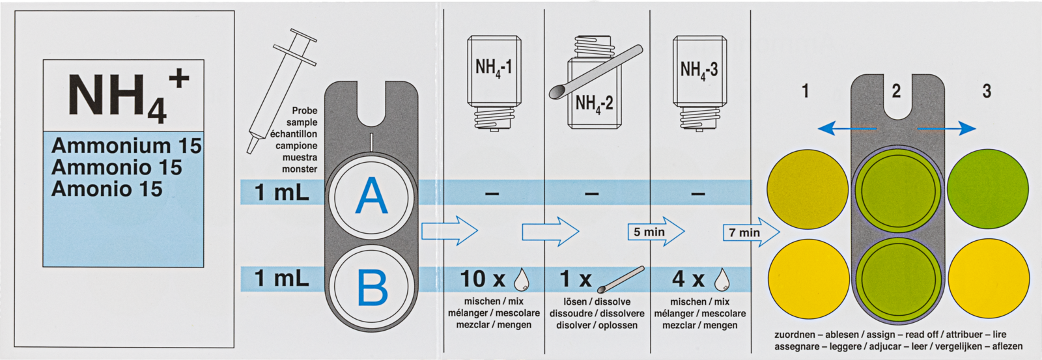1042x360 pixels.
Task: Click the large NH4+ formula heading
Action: (x=124, y=96)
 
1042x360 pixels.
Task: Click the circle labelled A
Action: (x=371, y=195)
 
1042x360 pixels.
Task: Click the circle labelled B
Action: (x=371, y=286)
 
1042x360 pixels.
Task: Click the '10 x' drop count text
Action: (x=483, y=279)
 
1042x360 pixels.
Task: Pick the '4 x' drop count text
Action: (x=688, y=279)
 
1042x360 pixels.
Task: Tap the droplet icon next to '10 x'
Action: (x=522, y=280)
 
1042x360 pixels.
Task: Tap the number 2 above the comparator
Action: (x=897, y=91)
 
